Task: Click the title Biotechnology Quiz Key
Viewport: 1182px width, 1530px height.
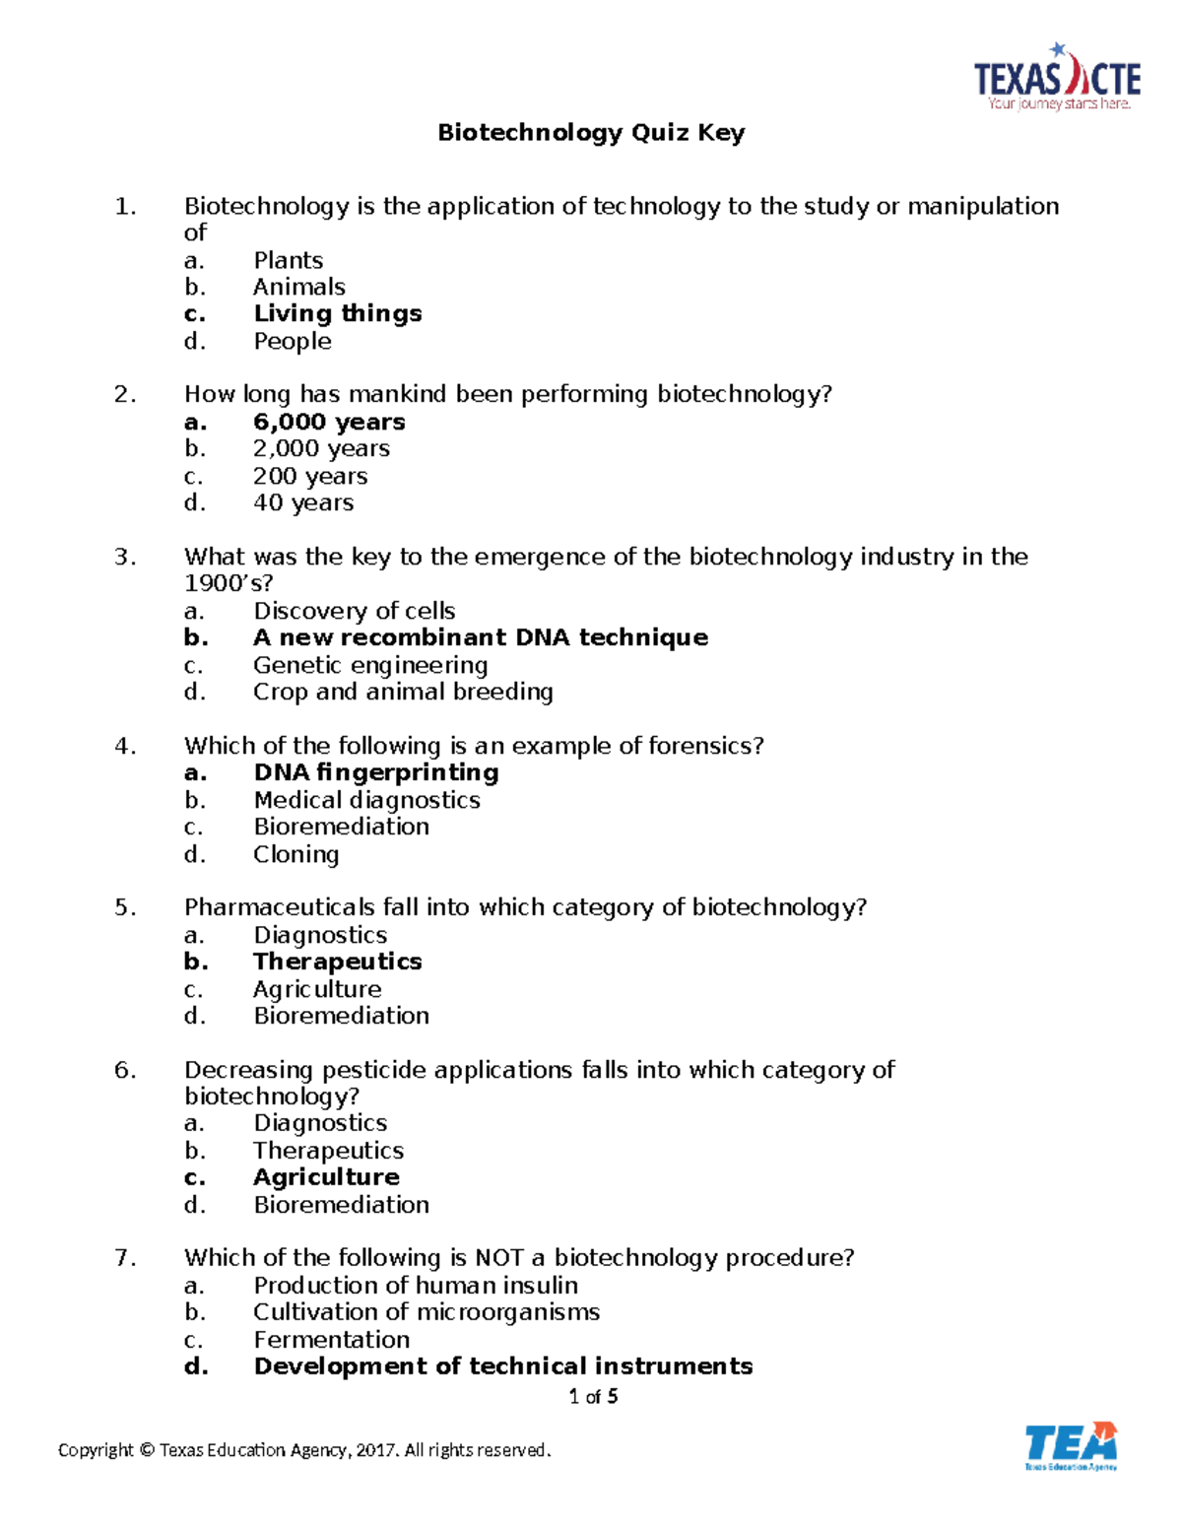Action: (591, 133)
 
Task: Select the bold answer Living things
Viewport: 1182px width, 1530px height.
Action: (337, 313)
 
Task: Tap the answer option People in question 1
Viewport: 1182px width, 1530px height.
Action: (292, 341)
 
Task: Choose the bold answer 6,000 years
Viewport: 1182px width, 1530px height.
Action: (329, 422)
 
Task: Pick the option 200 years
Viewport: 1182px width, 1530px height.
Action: (310, 476)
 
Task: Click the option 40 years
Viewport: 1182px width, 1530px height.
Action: (303, 502)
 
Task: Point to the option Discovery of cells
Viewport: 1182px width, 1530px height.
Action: (354, 611)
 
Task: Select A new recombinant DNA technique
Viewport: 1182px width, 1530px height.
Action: (480, 637)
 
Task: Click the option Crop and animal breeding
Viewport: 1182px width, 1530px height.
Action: (403, 692)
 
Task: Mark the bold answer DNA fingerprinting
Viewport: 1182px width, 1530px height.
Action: (375, 772)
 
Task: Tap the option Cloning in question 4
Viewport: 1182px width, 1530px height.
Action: (295, 854)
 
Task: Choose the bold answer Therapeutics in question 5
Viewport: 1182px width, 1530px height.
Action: (337, 962)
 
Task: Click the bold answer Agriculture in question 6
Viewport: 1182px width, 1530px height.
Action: (326, 1177)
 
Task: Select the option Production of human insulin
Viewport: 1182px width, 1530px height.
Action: (415, 1286)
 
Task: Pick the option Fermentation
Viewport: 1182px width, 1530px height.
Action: (331, 1340)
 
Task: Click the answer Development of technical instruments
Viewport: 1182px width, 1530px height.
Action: (502, 1366)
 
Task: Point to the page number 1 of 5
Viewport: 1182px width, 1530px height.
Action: (593, 1396)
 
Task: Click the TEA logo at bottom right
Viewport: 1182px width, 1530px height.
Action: (1071, 1446)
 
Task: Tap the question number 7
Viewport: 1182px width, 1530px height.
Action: (124, 1258)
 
